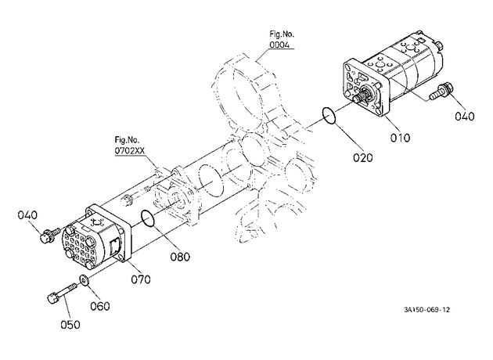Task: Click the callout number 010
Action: click(x=400, y=138)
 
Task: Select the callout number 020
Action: click(x=362, y=157)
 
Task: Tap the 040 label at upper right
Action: click(x=464, y=117)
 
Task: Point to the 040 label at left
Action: click(x=27, y=215)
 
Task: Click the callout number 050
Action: click(x=70, y=325)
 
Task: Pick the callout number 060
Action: click(x=100, y=306)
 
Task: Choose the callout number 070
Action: click(x=141, y=279)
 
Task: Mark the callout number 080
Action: click(x=180, y=257)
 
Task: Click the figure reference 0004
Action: click(x=279, y=45)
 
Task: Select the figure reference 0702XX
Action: click(x=130, y=150)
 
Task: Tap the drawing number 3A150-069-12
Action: click(x=426, y=310)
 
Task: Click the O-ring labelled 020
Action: click(x=324, y=116)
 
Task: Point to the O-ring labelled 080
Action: click(x=143, y=218)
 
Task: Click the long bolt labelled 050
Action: click(x=62, y=292)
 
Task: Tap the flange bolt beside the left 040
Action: click(x=50, y=235)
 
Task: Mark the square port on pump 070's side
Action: click(x=114, y=247)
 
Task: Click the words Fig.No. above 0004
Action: click(x=282, y=34)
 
